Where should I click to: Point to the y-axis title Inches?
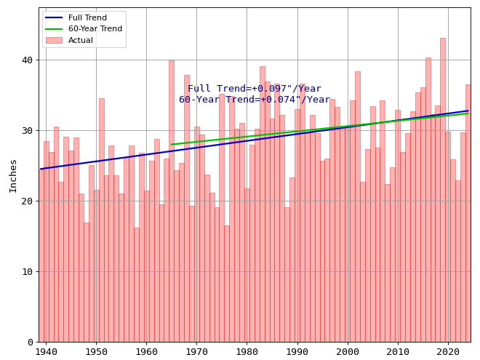pos(13,175)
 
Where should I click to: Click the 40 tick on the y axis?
pos(27,60)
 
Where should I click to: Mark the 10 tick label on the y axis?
pos(27,272)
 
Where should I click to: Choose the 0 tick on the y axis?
pos(30,343)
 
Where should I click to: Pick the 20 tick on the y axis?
pos(27,201)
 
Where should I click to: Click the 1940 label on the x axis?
pos(46,353)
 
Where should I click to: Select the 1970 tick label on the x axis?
pos(196,353)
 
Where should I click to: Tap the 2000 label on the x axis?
pos(348,353)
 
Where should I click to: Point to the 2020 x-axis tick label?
pos(448,353)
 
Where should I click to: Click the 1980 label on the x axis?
pos(247,353)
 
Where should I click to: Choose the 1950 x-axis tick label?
pos(96,353)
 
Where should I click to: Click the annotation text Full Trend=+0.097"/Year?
pos(255,89)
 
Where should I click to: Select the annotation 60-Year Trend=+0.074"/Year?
pos(255,100)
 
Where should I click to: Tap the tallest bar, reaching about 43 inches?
pos(442,189)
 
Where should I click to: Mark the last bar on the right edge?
pos(468,211)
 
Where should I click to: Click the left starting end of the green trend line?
pos(172,144)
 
